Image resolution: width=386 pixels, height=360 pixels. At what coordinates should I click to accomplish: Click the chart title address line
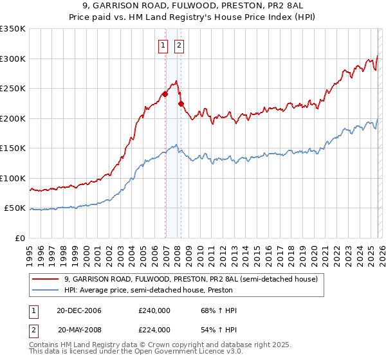[x=193, y=6]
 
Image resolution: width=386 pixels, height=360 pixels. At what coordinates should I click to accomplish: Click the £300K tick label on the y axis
[x=13, y=59]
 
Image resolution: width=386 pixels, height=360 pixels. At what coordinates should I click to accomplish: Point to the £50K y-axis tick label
[x=15, y=208]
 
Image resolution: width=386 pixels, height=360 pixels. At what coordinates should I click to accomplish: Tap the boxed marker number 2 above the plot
[x=178, y=45]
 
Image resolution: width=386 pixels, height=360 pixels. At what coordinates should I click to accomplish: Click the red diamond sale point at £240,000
[x=165, y=94]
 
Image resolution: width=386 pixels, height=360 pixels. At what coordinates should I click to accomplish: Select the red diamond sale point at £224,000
[x=181, y=104]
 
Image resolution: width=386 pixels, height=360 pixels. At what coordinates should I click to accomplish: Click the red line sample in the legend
[x=46, y=280]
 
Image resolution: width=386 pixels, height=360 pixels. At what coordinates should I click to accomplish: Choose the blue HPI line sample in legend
[x=46, y=290]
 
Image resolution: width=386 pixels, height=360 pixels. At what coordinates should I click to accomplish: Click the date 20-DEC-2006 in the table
[x=79, y=310]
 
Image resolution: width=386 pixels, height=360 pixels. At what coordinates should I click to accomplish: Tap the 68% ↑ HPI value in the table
[x=214, y=310]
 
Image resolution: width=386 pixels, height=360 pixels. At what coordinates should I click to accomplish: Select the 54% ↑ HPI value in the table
[x=214, y=330]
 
